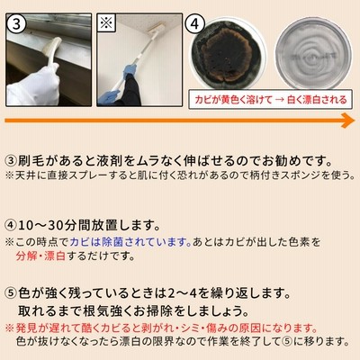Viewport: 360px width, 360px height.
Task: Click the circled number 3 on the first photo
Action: pyautogui.click(x=16, y=23)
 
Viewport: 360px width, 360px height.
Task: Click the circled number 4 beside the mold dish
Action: pyautogui.click(x=195, y=23)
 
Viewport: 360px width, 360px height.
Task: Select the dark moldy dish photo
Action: pyautogui.click(x=228, y=54)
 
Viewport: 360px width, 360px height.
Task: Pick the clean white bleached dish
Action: pyautogui.click(x=313, y=53)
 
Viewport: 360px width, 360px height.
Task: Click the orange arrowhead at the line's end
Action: pyautogui.click(x=348, y=121)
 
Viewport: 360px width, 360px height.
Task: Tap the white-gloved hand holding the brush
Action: pyautogui.click(x=33, y=85)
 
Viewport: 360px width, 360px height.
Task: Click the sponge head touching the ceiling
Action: pyautogui.click(x=156, y=29)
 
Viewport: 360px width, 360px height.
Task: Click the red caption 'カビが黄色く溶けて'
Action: pyautogui.click(x=233, y=99)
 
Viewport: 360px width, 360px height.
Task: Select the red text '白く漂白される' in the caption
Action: pyautogui.click(x=317, y=99)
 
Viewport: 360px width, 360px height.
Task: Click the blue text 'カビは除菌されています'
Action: pyautogui.click(x=130, y=242)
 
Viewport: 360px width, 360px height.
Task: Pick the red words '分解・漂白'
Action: pyautogui.click(x=40, y=256)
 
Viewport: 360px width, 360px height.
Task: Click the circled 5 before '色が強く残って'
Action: pyautogui.click(x=11, y=293)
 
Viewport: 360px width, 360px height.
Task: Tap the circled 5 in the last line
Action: pyautogui.click(x=286, y=341)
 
